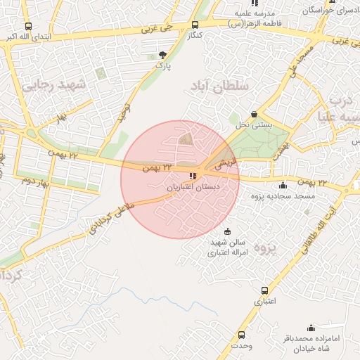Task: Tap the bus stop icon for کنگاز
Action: click(195, 25)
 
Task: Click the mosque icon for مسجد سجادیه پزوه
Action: click(283, 185)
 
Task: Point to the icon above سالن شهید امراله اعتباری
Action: click(226, 231)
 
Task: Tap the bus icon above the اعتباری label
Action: click(264, 290)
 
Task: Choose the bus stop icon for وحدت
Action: click(242, 335)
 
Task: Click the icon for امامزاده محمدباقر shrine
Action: click(311, 328)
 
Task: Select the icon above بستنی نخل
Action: click(254, 114)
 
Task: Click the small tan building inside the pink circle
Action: click(185, 139)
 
